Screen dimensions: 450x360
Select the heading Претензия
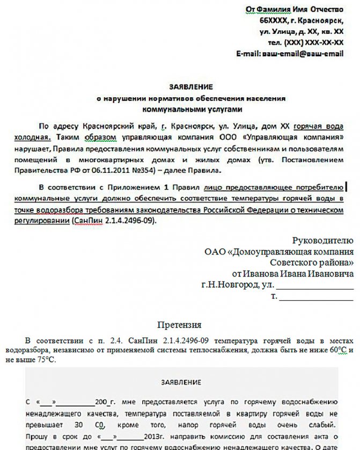[179, 325]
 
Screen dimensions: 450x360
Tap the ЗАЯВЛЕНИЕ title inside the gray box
[181, 382]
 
